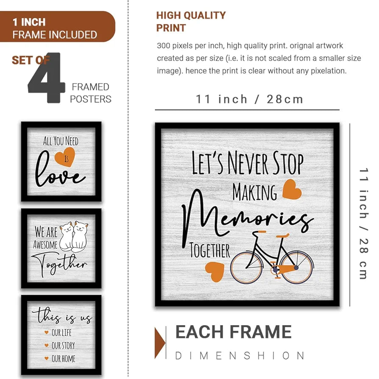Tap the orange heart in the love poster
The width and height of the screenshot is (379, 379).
tap(65, 156)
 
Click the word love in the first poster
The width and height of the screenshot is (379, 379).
tap(60, 175)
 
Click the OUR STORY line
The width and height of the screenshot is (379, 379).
tap(63, 346)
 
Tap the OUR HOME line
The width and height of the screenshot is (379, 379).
tap(63, 359)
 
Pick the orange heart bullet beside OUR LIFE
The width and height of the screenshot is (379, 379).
tap(46, 333)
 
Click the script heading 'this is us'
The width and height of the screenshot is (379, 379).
tap(61, 317)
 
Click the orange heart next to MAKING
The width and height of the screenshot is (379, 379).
tap(292, 189)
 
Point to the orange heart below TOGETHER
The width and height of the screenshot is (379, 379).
tap(215, 271)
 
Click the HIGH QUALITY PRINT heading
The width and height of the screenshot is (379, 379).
tap(191, 22)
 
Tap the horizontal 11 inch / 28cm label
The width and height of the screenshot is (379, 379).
tap(249, 100)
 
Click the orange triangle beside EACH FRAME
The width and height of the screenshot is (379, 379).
tap(160, 343)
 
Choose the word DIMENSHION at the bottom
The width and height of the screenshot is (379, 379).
tap(240, 356)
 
